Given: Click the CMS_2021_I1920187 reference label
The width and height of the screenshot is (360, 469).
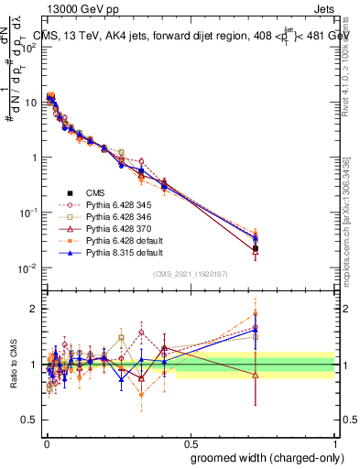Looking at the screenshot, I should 190,275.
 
